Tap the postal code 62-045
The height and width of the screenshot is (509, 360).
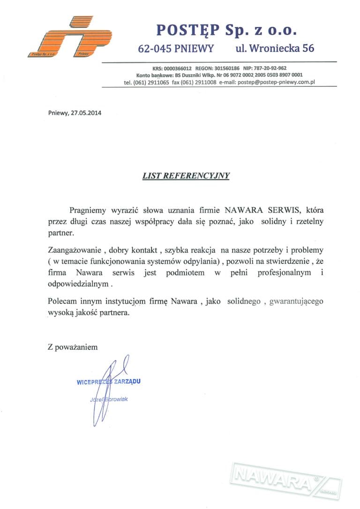coord(155,48)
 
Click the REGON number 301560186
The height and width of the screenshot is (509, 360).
coord(225,68)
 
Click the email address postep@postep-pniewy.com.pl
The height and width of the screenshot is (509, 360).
coord(276,82)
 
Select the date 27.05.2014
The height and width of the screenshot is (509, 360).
coord(86,112)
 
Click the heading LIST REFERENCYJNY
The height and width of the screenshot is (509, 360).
coord(187,176)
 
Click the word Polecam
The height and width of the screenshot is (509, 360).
coord(61,302)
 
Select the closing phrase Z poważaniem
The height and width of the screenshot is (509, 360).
coord(73,347)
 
